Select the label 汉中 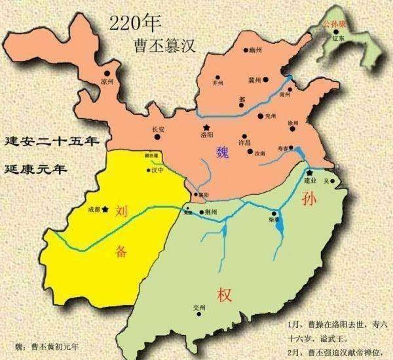pyautogui.click(x=157, y=170)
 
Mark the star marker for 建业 pyautogui.click(x=308, y=172)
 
